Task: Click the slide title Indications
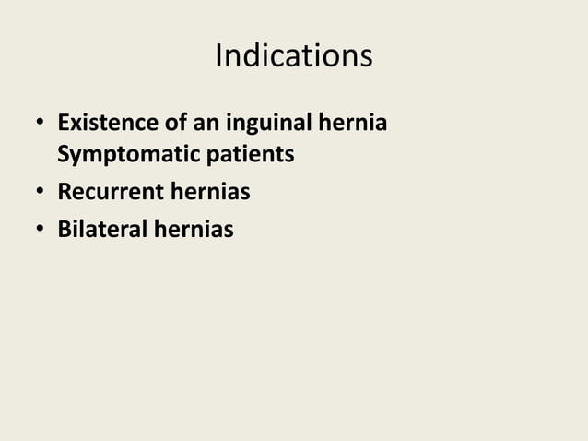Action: pyautogui.click(x=293, y=55)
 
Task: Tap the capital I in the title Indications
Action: pyautogui.click(x=218, y=55)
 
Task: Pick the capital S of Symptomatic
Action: pyautogui.click(x=64, y=154)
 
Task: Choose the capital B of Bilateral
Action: pyautogui.click(x=65, y=228)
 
